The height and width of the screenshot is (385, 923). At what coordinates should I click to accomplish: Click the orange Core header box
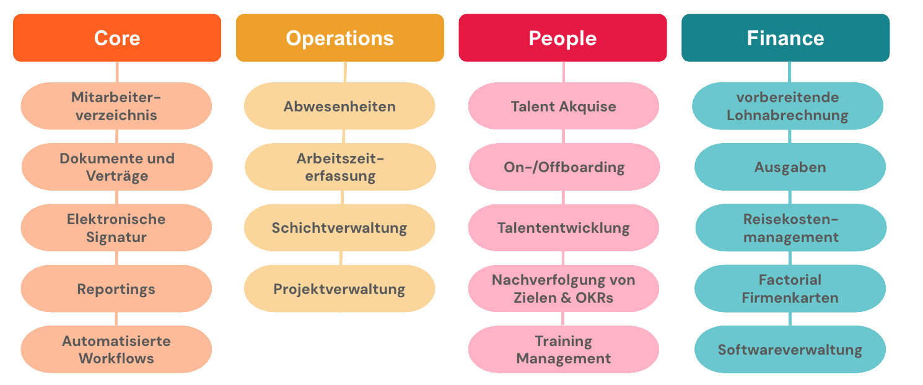pos(117,38)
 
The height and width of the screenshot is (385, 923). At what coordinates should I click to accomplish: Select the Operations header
pos(339,38)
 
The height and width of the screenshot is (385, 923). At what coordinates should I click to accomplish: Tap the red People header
pos(562,38)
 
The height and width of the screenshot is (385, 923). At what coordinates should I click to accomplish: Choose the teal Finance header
pos(785,38)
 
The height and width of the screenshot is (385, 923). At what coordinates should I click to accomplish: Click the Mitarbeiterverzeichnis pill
pos(116,106)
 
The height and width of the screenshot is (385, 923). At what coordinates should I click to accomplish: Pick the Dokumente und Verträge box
pos(117,167)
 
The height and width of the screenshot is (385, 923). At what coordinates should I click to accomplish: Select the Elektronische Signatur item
pos(116,227)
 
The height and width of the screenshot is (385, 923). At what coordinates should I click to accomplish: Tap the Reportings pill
pos(116,288)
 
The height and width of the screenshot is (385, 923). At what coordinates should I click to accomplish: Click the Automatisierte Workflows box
pos(116,349)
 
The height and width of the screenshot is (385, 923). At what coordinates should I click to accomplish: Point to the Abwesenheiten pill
pos(339,106)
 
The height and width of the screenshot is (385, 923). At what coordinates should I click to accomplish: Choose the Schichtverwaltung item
pos(339,227)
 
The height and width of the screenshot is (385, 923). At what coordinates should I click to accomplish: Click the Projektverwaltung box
pos(339,288)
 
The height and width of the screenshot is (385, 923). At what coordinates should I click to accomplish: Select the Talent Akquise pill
pos(563,106)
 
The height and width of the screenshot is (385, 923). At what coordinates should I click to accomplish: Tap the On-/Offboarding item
pos(564,167)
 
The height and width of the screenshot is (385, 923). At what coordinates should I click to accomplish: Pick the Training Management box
pos(563,349)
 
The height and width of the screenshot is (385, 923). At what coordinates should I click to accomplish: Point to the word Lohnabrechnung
pos(787,115)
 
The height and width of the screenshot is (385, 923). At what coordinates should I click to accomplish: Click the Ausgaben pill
pos(790,167)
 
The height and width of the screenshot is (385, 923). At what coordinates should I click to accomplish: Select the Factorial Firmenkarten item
pos(790,288)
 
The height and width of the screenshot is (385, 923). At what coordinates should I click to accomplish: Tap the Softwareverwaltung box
pos(790,349)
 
